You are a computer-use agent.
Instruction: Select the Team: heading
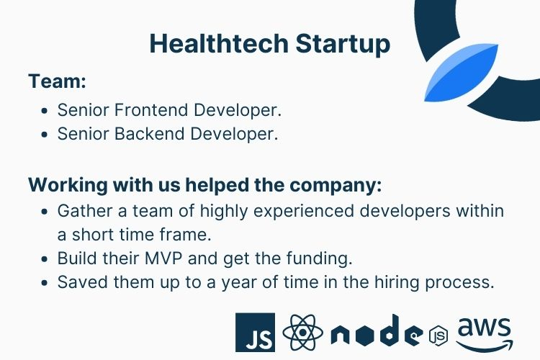(x=58, y=81)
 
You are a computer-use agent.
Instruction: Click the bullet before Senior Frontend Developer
(x=45, y=112)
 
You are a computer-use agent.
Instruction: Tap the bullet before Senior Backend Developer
(x=45, y=135)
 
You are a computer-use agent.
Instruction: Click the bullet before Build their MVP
(x=45, y=258)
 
